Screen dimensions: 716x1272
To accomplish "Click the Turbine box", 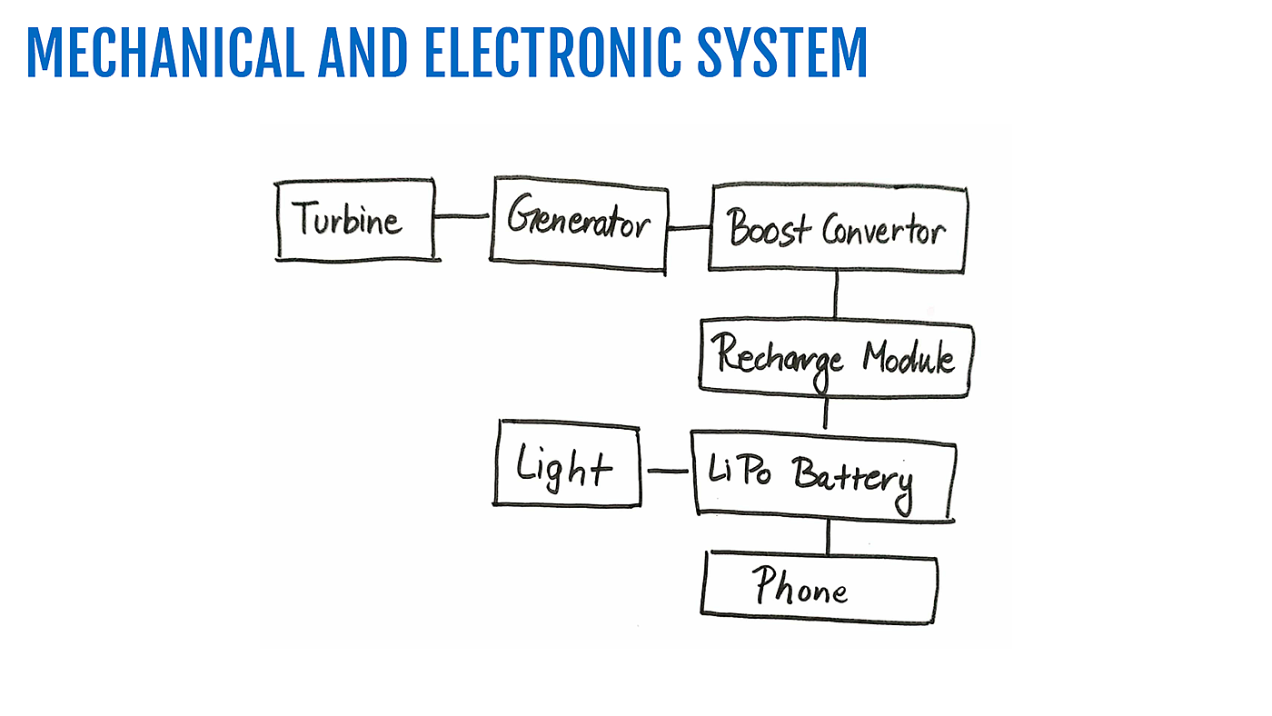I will click(x=355, y=220).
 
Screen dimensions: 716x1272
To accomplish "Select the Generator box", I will click(x=579, y=224).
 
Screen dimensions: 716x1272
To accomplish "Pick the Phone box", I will click(x=819, y=588).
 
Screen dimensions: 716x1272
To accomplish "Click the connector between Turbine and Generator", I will click(x=462, y=216).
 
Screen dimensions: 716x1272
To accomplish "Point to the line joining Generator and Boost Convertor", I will click(x=689, y=227).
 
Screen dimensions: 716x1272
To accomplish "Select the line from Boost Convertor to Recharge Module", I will click(x=836, y=294).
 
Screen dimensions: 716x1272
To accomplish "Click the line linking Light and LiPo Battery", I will click(x=666, y=471).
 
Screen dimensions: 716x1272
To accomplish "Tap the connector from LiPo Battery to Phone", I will click(x=828, y=536).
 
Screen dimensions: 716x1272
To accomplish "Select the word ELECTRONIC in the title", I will click(x=552, y=53).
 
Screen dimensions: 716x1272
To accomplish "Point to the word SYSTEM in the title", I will click(x=782, y=53).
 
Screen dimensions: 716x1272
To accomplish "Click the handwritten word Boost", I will click(x=769, y=229).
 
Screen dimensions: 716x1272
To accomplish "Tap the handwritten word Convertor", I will click(x=883, y=231).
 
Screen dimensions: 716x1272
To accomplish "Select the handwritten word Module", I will click(x=909, y=357).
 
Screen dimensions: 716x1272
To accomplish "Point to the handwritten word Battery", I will click(x=850, y=478).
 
